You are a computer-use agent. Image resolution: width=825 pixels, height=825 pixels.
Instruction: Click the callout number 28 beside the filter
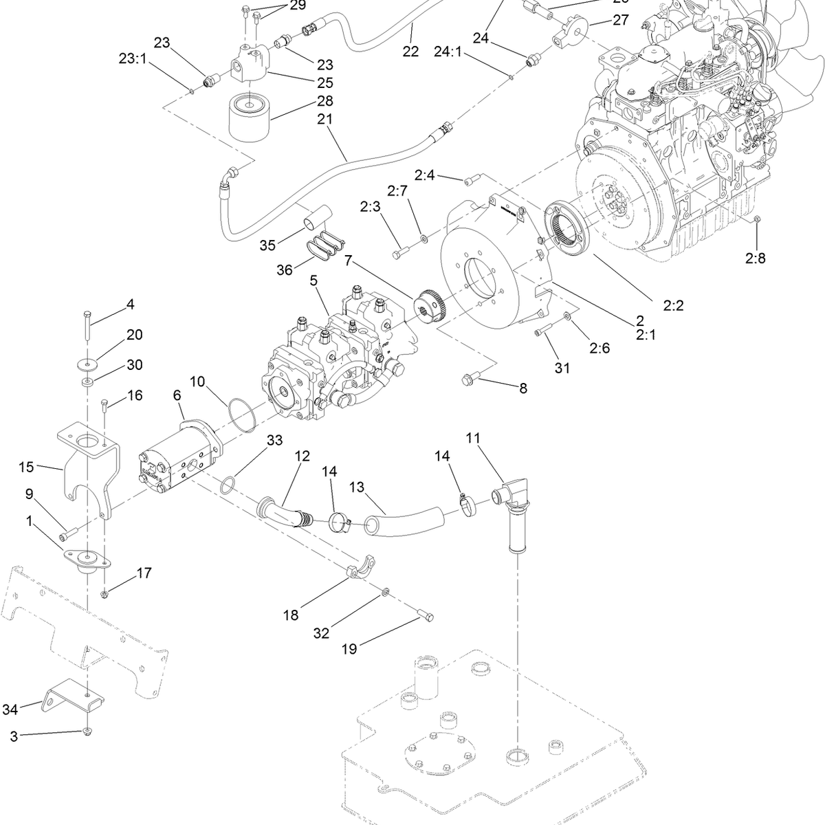[x=325, y=101]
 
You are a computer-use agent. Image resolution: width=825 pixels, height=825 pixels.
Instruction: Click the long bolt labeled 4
[x=89, y=324]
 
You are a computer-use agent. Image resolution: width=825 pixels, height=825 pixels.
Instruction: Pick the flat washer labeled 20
[x=89, y=362]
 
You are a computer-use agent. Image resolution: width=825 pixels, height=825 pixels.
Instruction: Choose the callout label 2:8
[x=756, y=259]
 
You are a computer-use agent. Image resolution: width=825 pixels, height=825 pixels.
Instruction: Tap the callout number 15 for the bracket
[x=27, y=467]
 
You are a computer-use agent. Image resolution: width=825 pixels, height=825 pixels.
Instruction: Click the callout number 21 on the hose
[x=325, y=119]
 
